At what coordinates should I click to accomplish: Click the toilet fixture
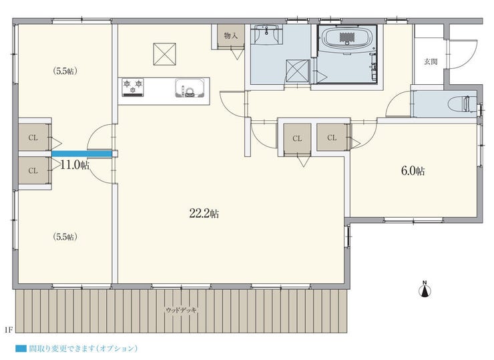463,104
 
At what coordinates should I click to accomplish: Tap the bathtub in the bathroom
347,39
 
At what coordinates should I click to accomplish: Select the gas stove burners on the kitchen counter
133,87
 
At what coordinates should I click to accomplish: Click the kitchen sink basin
190,87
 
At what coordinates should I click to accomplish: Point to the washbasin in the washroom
267,34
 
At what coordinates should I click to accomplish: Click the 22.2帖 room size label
204,214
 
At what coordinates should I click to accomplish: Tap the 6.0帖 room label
413,171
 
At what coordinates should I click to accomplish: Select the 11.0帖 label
75,164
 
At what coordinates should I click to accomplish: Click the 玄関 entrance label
431,61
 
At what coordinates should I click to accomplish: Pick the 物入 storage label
230,35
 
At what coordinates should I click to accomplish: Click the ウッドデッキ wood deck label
181,310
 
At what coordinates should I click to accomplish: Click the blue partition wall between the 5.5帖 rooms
81,154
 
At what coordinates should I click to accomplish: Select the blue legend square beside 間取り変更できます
21,349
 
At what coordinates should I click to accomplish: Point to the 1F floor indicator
9,330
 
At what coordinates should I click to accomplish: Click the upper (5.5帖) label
65,71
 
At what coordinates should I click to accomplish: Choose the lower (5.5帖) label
65,236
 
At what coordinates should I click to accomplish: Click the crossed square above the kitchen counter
164,54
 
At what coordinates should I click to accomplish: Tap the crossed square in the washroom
298,71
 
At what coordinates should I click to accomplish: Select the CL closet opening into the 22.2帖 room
297,139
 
